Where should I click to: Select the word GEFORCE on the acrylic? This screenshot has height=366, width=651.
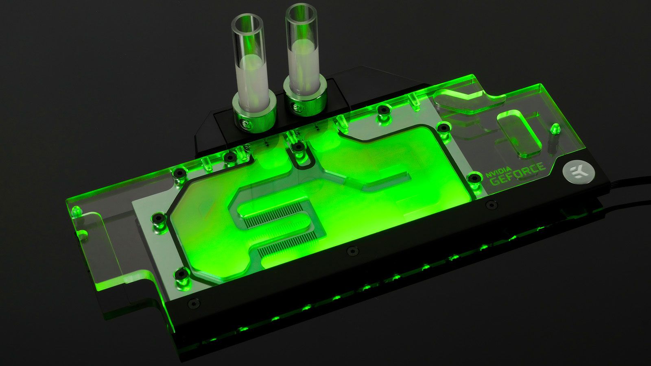518,174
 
